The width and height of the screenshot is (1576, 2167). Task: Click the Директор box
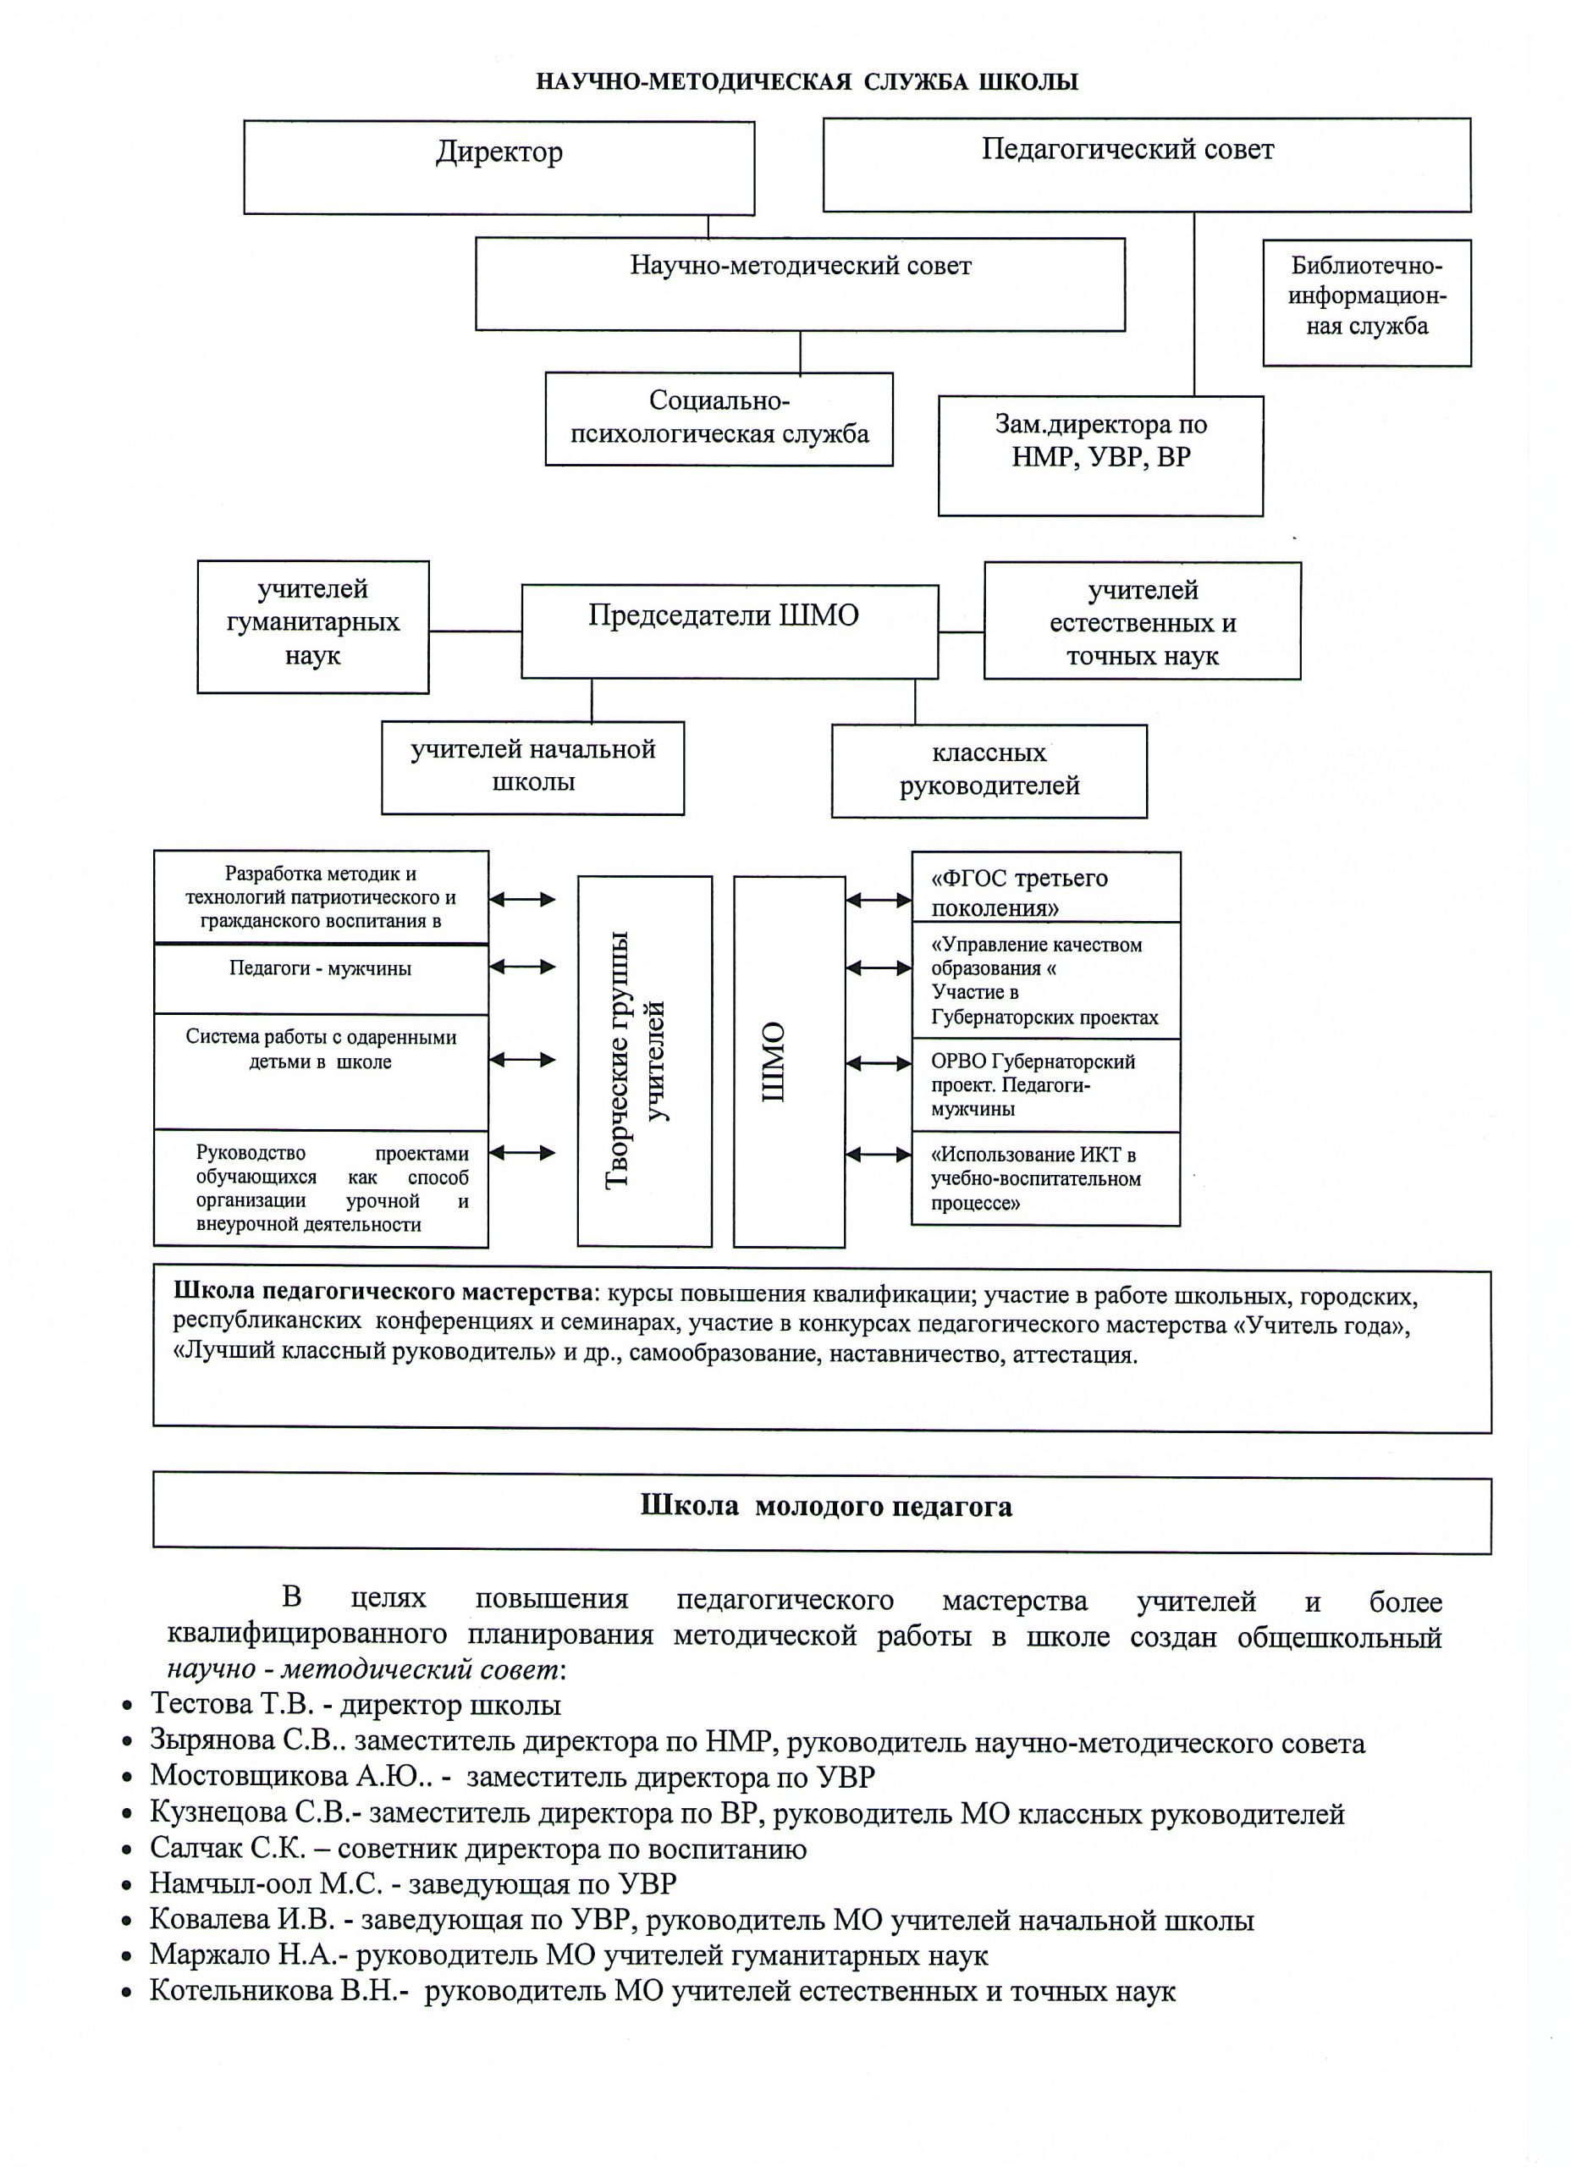click(499, 168)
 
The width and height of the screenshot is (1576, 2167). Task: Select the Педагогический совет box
click(1146, 164)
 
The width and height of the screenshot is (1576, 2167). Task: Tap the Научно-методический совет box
click(800, 284)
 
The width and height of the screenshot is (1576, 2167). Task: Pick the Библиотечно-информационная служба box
click(1367, 302)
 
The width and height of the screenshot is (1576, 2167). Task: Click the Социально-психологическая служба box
click(719, 418)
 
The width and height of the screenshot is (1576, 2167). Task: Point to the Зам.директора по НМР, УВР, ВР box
click(1100, 455)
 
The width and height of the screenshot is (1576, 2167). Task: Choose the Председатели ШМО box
click(729, 631)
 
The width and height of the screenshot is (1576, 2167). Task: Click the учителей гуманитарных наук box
click(312, 626)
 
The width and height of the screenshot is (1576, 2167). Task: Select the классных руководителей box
click(989, 770)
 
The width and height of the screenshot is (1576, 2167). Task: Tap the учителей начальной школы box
click(532, 766)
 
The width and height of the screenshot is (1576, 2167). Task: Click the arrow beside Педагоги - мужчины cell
click(521, 966)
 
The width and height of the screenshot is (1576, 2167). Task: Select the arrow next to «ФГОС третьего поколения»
click(879, 899)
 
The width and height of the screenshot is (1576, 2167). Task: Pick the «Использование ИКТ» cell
click(1045, 1178)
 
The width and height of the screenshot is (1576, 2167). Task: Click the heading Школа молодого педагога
click(825, 1507)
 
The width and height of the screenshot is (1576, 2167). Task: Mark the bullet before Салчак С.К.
click(126, 1850)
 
